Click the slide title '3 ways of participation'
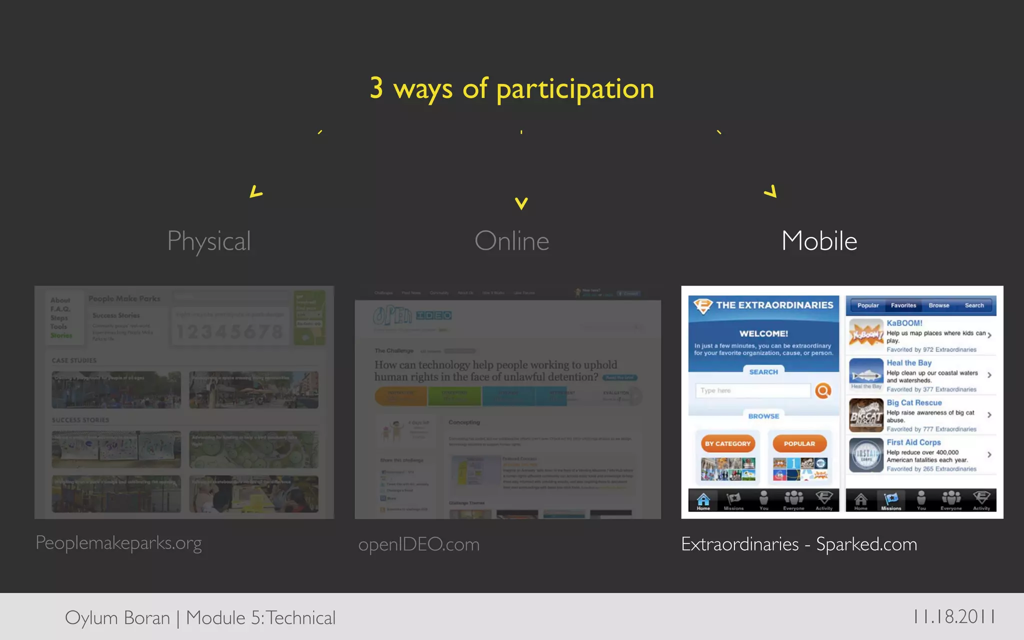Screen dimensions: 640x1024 (x=511, y=89)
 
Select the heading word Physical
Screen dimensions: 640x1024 (x=209, y=241)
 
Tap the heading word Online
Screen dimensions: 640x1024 (x=511, y=241)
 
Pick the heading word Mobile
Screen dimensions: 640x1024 (x=819, y=241)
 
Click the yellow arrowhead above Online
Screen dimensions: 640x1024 (x=521, y=203)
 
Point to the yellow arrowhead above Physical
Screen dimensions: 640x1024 (x=255, y=191)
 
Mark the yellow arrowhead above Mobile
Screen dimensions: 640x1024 (x=771, y=191)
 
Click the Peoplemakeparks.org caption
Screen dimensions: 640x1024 (x=118, y=543)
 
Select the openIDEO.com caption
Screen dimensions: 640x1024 (x=418, y=544)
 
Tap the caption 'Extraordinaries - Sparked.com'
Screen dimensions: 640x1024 (x=798, y=544)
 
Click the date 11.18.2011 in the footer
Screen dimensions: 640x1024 (x=954, y=616)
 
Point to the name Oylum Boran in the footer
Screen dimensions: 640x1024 (x=117, y=618)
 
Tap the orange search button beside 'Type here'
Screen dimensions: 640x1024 (x=823, y=390)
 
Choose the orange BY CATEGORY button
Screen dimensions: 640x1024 (x=727, y=443)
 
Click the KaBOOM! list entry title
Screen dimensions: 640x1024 (x=904, y=323)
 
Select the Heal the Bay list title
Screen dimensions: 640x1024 (x=909, y=363)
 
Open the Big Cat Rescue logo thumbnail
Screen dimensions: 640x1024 (x=866, y=415)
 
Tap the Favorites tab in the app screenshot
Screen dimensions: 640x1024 (x=903, y=305)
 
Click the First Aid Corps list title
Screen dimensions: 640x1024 (x=913, y=442)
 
